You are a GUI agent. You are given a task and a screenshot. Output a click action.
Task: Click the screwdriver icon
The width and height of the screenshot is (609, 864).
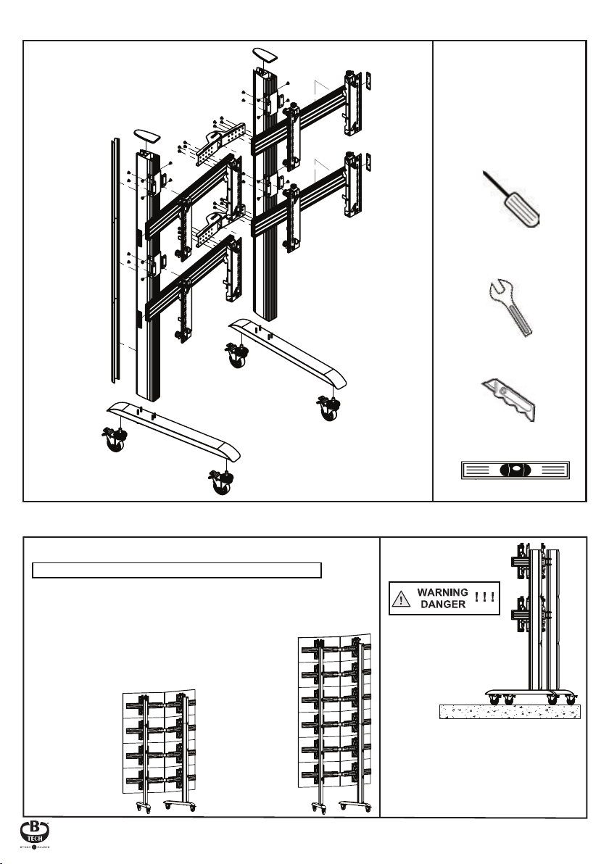(x=512, y=200)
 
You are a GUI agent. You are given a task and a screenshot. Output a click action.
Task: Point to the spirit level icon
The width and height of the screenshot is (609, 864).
(x=515, y=469)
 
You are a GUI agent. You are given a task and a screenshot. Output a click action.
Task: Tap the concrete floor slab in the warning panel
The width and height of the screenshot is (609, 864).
(x=509, y=710)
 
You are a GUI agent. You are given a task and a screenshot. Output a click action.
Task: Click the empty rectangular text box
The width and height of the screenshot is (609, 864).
(x=177, y=570)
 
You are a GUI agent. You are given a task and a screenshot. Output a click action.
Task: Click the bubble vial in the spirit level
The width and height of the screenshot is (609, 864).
(x=515, y=469)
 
